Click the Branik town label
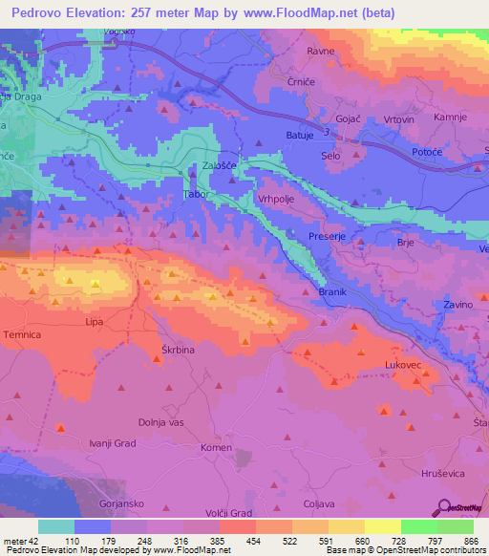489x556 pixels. click(331, 291)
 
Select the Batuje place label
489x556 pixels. click(300, 136)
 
